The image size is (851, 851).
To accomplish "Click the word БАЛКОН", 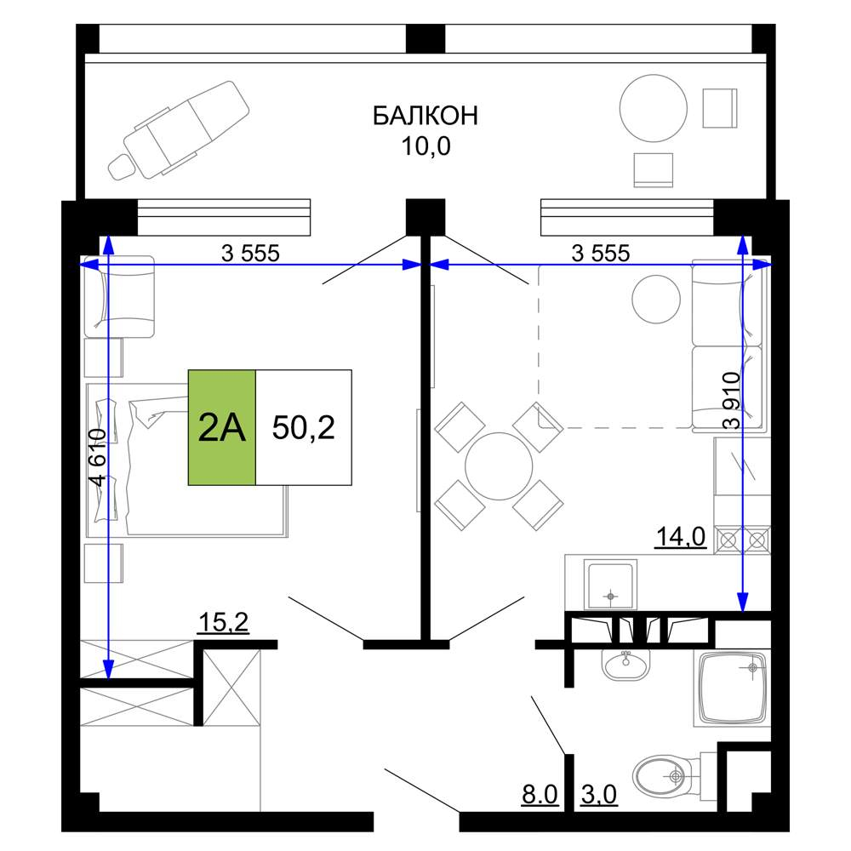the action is click(425, 116).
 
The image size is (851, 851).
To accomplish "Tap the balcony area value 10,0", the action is click(425, 146).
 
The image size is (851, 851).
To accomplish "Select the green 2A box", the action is click(222, 427).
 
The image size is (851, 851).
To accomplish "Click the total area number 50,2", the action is click(304, 427).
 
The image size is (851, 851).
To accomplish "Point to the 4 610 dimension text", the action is click(97, 456).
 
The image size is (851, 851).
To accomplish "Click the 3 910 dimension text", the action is click(732, 401).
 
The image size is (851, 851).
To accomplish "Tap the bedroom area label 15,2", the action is click(224, 622).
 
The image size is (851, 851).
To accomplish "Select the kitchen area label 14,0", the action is click(681, 537).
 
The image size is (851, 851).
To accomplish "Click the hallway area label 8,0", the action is click(540, 795).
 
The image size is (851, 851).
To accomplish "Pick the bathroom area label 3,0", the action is click(599, 795).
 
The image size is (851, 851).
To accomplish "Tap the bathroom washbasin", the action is click(625, 665).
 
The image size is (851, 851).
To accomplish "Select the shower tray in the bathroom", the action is click(732, 688).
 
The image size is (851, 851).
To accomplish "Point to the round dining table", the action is click(499, 466).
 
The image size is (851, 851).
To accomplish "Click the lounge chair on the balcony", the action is click(179, 129).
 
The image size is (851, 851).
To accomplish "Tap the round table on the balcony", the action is click(654, 108).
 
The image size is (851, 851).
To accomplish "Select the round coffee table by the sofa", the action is click(656, 299).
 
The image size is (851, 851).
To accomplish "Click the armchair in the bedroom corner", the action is click(119, 296).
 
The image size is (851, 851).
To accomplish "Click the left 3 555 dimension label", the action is click(250, 253).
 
